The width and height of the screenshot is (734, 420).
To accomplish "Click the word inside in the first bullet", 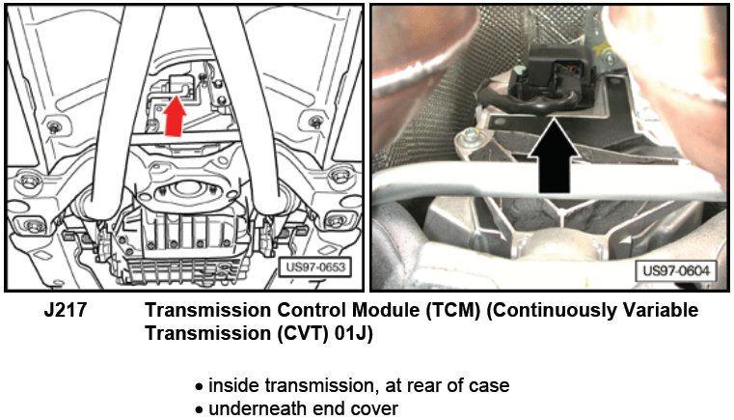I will [x=230, y=385].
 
